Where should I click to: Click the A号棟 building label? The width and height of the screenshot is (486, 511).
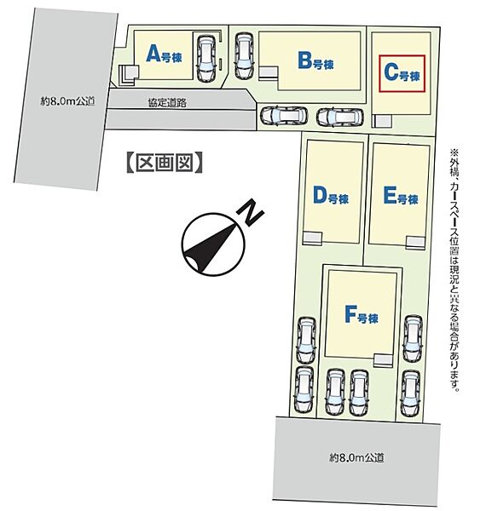pyautogui.click(x=164, y=55)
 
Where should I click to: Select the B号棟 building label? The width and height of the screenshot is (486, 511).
pyautogui.click(x=315, y=61)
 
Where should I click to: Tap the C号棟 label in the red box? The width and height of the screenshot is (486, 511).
pyautogui.click(x=402, y=73)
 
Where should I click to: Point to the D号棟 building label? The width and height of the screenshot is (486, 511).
pyautogui.click(x=331, y=196)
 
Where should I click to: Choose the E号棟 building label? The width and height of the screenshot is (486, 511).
pyautogui.click(x=401, y=196)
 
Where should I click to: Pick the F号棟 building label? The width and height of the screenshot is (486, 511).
pyautogui.click(x=362, y=314)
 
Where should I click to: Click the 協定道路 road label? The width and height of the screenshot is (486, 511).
pyautogui.click(x=167, y=103)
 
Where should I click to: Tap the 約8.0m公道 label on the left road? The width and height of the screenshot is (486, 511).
pyautogui.click(x=67, y=101)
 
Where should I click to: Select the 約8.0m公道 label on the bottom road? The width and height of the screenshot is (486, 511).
pyautogui.click(x=356, y=458)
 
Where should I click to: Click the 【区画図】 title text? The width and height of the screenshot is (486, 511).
pyautogui.click(x=165, y=162)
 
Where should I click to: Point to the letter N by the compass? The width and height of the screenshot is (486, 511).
pyautogui.click(x=250, y=212)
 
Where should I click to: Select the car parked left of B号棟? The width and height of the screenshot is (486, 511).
pyautogui.click(x=245, y=55)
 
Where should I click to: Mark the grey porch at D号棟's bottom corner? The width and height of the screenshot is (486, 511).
pyautogui.click(x=312, y=238)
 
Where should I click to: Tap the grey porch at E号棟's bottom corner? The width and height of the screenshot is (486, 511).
pyautogui.click(x=415, y=242)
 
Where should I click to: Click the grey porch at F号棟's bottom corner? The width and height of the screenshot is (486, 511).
pyautogui.click(x=383, y=359)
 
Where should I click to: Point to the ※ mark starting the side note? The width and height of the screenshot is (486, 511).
pyautogui.click(x=454, y=152)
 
